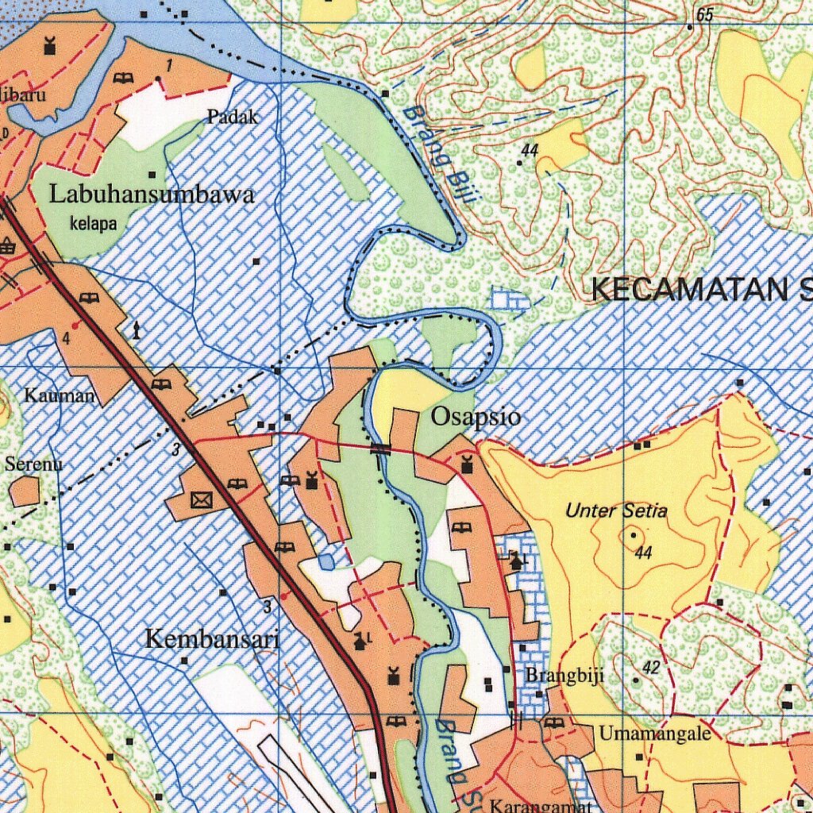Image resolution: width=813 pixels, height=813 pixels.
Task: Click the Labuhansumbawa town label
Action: pos(152,195)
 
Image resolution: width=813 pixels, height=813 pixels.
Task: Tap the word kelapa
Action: pos(93,224)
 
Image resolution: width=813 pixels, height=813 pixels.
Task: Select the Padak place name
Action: pos(233,118)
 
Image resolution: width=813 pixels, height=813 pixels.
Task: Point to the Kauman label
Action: pos(60,395)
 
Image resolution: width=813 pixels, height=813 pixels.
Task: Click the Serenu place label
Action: pos(33,464)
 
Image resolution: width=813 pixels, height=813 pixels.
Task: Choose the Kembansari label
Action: pos(212,638)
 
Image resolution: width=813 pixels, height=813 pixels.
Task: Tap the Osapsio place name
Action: pos(476,417)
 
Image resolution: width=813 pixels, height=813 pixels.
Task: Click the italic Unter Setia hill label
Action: pos(616,511)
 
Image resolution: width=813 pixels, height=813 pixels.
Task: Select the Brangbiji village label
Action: pos(564,676)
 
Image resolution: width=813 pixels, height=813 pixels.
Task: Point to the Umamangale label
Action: pos(654,734)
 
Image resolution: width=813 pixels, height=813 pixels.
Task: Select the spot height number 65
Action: pos(704,15)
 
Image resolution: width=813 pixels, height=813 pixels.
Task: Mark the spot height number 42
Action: pos(651,668)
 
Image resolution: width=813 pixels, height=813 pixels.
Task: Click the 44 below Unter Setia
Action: pos(643,553)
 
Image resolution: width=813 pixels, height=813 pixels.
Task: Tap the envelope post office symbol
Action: pos(202,499)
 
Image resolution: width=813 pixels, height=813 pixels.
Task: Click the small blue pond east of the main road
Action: pos(326,562)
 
